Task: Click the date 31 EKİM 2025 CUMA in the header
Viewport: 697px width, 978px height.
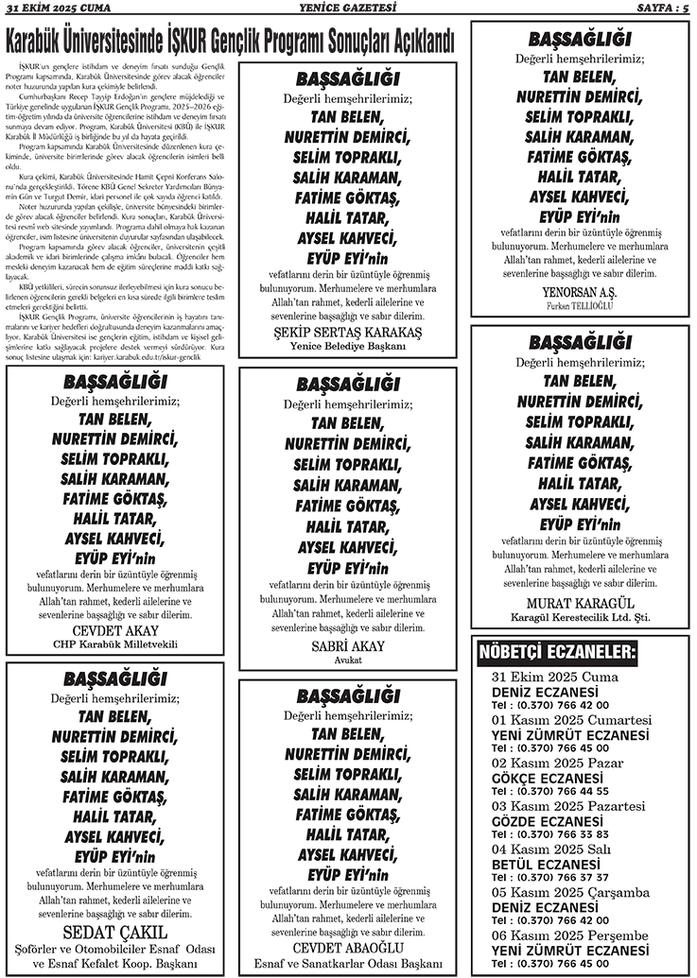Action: [x=60, y=9]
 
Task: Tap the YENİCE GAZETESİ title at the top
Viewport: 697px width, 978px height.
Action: [x=349, y=9]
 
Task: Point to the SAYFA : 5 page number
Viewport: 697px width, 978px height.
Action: [x=660, y=9]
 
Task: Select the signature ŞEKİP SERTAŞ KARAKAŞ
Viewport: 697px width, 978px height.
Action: [x=348, y=332]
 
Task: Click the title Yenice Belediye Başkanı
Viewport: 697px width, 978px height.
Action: [x=348, y=347]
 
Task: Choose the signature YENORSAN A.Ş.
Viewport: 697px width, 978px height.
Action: [x=580, y=291]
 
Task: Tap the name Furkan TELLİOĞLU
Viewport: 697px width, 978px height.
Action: [x=580, y=306]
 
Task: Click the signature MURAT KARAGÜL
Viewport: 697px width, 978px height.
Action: [x=580, y=602]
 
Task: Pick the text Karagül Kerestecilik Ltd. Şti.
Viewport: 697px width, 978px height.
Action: [x=580, y=617]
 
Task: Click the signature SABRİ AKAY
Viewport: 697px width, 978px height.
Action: [x=348, y=645]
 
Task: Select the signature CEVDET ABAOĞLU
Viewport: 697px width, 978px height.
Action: [x=348, y=947]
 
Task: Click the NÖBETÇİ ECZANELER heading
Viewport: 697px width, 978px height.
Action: [x=558, y=652]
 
